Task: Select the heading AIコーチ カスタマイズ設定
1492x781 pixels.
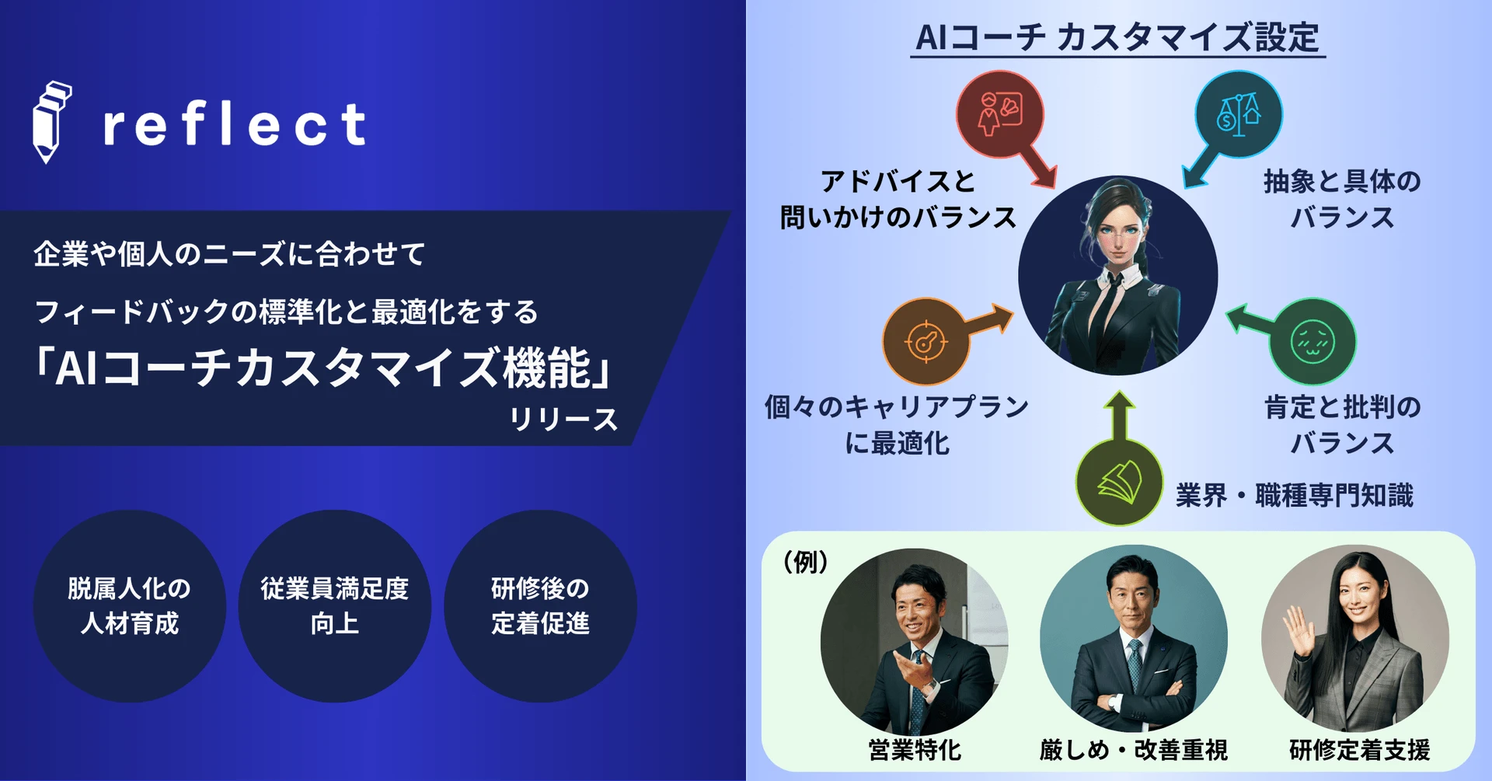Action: point(1117,37)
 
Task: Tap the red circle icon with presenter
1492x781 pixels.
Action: point(999,114)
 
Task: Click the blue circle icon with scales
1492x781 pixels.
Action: point(1239,114)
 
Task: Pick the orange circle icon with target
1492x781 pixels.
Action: point(926,341)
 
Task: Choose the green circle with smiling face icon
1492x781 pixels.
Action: point(1312,341)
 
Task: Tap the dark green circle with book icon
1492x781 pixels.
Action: point(1119,483)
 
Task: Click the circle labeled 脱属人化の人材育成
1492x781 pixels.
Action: point(130,606)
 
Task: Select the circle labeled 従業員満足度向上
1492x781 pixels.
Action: point(335,606)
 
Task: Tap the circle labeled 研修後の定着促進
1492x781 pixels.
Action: point(540,606)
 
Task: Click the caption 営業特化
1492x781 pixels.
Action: point(915,750)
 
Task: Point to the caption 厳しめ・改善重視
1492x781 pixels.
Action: point(1134,750)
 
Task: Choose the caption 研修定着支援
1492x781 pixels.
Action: point(1360,750)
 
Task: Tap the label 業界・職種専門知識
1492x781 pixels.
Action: point(1295,495)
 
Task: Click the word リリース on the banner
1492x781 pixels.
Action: point(563,420)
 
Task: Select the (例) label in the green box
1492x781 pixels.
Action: point(805,561)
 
